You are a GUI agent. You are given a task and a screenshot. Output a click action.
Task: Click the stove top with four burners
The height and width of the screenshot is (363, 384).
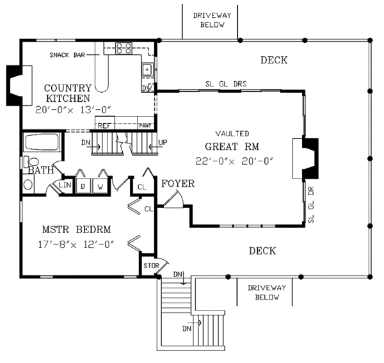[124, 48]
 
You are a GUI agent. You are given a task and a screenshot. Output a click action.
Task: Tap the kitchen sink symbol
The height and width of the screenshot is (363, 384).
[147, 70]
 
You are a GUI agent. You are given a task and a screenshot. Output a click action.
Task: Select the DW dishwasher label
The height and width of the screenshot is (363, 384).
[147, 88]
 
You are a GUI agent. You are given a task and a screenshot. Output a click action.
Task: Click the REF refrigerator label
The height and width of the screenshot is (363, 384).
[104, 125]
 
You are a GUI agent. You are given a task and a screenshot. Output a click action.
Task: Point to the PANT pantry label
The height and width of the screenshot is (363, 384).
[145, 125]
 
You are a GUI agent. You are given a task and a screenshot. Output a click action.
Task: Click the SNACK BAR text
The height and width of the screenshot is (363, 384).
[67, 55]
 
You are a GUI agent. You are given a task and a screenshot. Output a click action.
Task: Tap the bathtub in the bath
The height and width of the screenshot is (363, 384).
[42, 142]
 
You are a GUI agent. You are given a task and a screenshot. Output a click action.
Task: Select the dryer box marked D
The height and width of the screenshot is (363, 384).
[83, 186]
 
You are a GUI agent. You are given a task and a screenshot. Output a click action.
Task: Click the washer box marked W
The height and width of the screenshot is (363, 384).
[100, 186]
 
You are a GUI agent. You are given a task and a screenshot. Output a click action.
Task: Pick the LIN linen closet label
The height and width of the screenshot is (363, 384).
[65, 184]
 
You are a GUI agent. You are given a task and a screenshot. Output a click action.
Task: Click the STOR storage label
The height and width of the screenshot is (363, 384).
[151, 266]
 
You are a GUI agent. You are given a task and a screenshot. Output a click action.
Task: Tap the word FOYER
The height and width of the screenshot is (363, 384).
[178, 184]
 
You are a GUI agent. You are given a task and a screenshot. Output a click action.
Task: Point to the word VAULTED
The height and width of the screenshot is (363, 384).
[232, 134]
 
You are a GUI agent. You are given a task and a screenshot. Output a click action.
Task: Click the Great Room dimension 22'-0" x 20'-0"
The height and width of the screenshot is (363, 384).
[234, 161]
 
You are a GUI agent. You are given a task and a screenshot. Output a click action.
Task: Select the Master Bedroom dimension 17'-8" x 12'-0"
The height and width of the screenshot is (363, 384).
[76, 244]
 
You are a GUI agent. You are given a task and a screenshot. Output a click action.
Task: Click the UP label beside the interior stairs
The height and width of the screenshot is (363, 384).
[163, 142]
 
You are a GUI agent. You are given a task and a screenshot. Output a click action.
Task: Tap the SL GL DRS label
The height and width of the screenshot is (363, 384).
[226, 84]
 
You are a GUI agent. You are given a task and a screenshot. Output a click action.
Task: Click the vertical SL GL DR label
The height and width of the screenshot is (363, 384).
[311, 204]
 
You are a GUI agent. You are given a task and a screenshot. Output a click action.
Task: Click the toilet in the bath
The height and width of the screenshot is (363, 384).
[32, 162]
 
